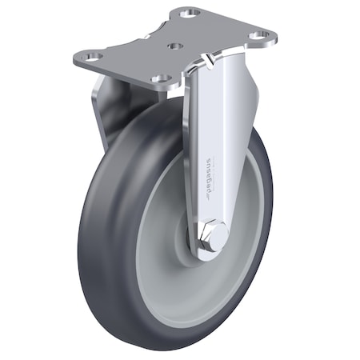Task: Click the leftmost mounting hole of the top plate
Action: (x=89, y=58)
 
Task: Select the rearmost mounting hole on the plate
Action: (x=190, y=14)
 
